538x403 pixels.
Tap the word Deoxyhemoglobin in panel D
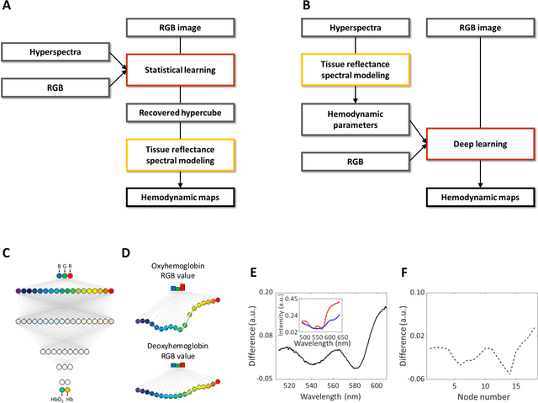pos(178,345)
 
